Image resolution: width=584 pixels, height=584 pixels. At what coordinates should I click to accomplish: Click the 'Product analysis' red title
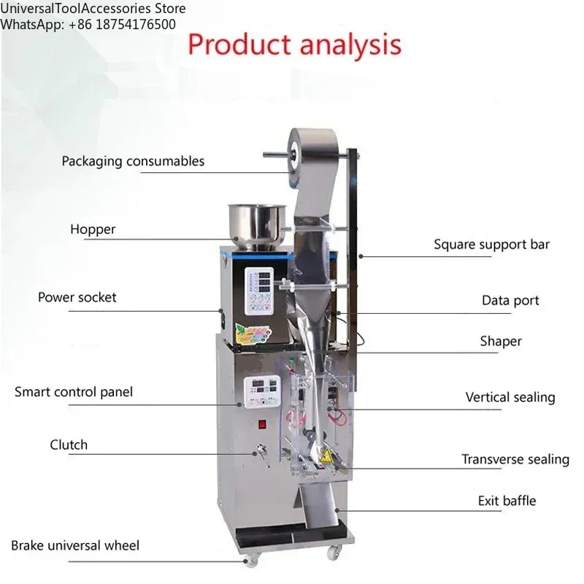[294, 45]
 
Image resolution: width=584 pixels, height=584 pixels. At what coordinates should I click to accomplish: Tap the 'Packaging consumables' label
[133, 161]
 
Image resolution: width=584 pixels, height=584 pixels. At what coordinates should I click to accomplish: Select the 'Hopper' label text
[93, 229]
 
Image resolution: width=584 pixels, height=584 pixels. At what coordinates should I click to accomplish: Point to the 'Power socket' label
[77, 297]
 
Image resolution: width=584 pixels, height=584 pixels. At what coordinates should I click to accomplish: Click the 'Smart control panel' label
[74, 392]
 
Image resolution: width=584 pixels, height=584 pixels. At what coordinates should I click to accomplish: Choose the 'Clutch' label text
[69, 445]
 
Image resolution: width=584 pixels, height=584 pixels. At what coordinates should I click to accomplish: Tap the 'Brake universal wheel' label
[75, 545]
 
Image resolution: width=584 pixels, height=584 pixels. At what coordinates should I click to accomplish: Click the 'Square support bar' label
[491, 245]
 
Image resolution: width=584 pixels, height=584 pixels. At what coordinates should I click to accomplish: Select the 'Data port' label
[510, 300]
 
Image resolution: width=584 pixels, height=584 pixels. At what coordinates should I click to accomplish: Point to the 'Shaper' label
[501, 341]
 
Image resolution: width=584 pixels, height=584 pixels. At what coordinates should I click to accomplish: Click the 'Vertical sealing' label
[510, 397]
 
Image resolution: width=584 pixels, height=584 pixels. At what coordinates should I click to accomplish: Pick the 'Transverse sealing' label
[515, 459]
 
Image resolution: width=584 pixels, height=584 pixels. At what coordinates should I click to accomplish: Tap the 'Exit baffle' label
[507, 501]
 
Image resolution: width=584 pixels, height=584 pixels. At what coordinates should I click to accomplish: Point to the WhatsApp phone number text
[88, 24]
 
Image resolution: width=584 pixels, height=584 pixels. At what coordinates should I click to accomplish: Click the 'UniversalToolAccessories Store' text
[93, 9]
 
